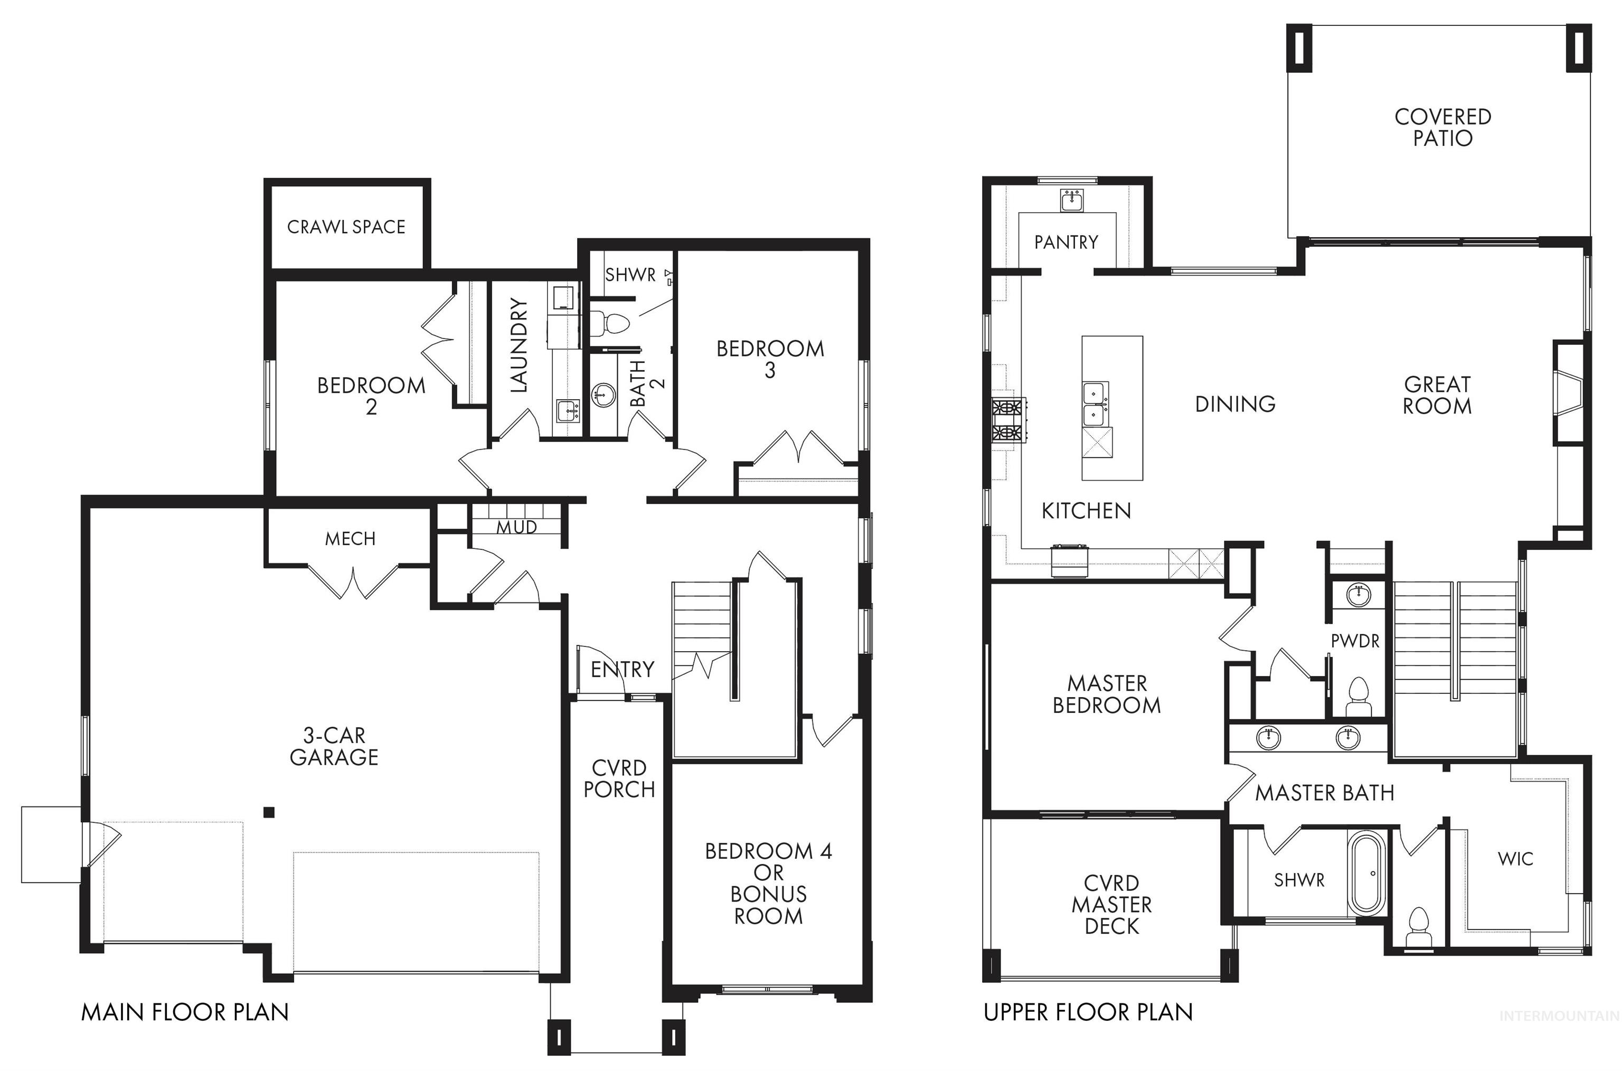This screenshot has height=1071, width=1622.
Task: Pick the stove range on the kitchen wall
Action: pyautogui.click(x=1008, y=420)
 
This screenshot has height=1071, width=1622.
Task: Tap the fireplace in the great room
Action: pyautogui.click(x=1569, y=402)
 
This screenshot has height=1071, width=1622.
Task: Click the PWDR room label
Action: pyautogui.click(x=1355, y=641)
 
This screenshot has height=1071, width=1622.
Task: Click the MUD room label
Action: pyautogui.click(x=516, y=527)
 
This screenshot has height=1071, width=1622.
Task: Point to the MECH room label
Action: pyautogui.click(x=350, y=539)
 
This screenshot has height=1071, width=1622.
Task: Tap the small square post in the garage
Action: pyautogui.click(x=269, y=812)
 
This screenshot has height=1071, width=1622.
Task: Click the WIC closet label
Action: pyautogui.click(x=1515, y=859)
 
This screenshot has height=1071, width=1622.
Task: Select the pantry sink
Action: pyautogui.click(x=1070, y=200)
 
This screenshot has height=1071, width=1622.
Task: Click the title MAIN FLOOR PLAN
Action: pyautogui.click(x=184, y=1011)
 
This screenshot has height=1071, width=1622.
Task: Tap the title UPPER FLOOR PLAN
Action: pyautogui.click(x=1088, y=1011)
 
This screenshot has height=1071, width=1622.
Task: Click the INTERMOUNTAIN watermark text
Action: pyautogui.click(x=1559, y=1036)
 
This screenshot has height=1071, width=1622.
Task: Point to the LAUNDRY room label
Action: pyautogui.click(x=519, y=345)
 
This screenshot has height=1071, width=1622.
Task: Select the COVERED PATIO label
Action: pyautogui.click(x=1442, y=128)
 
